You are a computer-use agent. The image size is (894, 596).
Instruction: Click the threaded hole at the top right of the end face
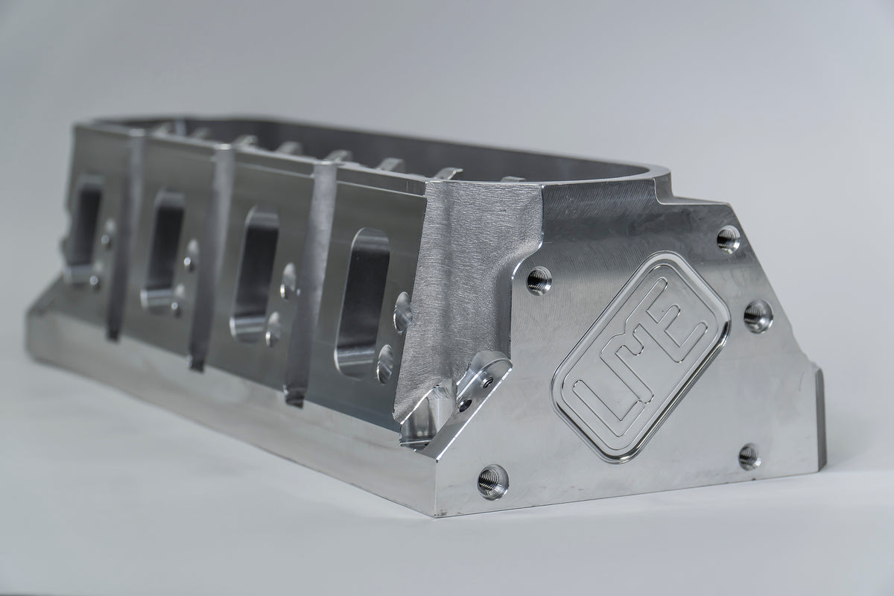point(728,239)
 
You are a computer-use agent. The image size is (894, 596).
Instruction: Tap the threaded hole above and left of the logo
point(538,280)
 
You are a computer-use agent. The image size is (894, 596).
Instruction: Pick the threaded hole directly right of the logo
point(758,316)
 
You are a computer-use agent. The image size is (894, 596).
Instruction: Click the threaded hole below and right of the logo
point(749,455)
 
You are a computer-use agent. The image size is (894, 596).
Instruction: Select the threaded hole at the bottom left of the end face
point(493,481)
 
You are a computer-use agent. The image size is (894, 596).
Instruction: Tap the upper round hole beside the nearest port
point(402,311)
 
